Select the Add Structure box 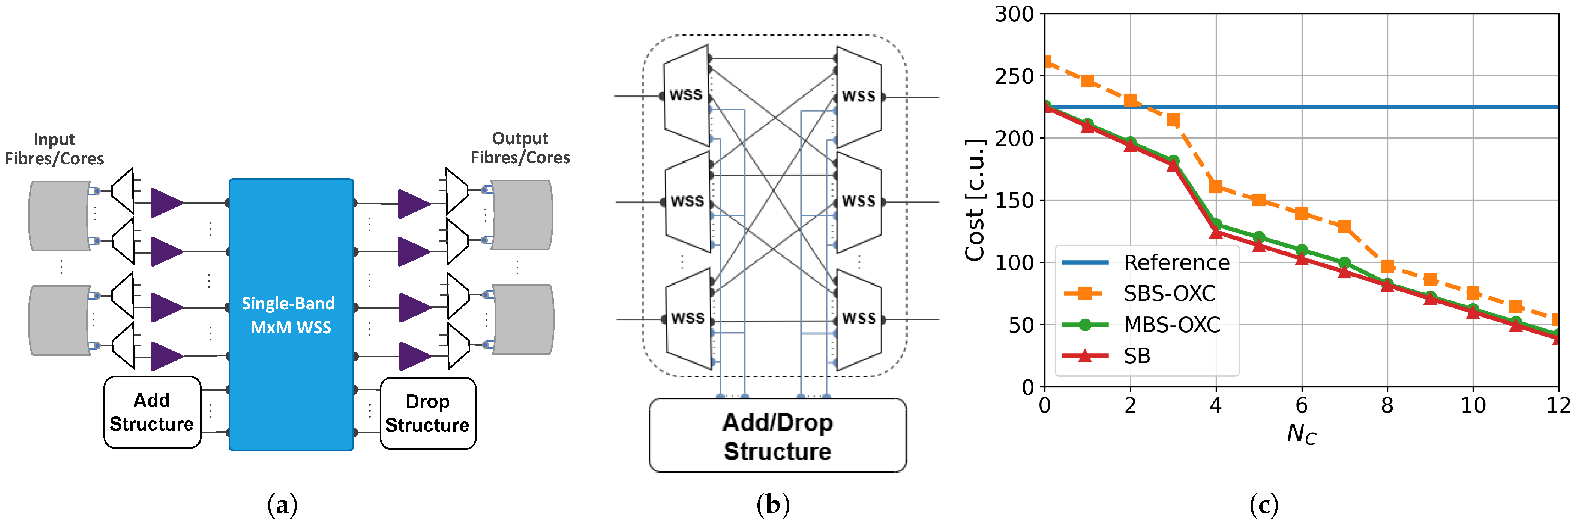point(152,413)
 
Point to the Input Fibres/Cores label point(54,149)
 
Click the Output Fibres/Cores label point(520,148)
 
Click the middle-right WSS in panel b point(859,202)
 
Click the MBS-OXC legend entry point(1172,325)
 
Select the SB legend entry point(1137,356)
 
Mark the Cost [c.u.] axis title point(975,200)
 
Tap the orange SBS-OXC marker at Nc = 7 point(1344,227)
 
